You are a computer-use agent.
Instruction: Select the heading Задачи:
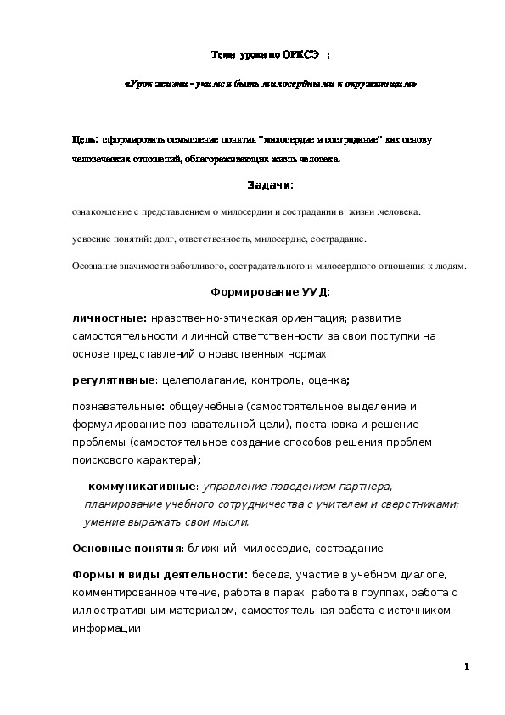[x=270, y=185]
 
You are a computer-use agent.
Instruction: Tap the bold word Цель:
[x=85, y=138]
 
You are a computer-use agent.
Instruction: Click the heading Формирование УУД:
[x=270, y=291]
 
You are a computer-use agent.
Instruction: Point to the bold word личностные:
[x=109, y=318]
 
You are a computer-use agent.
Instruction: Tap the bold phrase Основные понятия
[x=127, y=548]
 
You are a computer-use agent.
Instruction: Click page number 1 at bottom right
[x=467, y=666]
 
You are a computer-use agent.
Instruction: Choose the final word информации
[x=105, y=628]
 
